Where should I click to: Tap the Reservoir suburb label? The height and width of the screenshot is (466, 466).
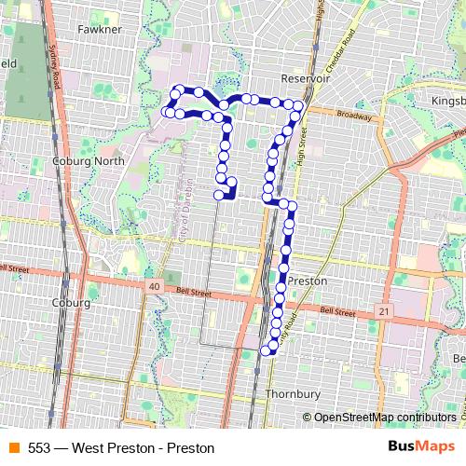pyautogui.click(x=307, y=79)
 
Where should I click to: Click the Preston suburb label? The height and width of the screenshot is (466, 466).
pyautogui.click(x=308, y=279)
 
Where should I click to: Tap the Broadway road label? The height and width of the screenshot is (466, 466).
pyautogui.click(x=355, y=116)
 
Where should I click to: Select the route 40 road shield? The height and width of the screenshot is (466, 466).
pyautogui.click(x=153, y=285)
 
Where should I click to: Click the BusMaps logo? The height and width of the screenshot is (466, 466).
pyautogui.click(x=421, y=447)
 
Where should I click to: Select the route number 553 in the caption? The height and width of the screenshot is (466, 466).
pyautogui.click(x=39, y=447)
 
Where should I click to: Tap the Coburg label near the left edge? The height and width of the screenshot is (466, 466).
pyautogui.click(x=71, y=303)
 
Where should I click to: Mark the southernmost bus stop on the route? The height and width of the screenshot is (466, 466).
pyautogui.click(x=271, y=350)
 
